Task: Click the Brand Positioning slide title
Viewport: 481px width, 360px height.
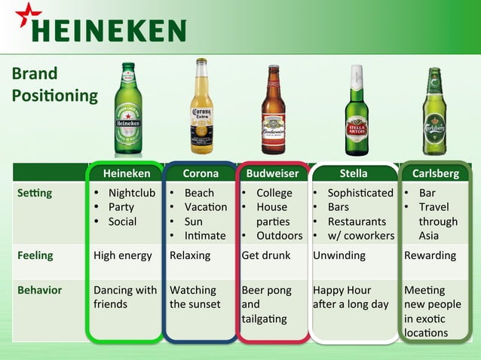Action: [54, 85]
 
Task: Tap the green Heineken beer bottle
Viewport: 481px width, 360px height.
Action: [128, 108]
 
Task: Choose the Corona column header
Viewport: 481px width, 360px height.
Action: [201, 173]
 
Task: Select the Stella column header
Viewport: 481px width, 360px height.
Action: [354, 173]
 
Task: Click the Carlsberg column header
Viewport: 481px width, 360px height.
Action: [436, 173]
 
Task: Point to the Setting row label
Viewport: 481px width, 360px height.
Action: [35, 193]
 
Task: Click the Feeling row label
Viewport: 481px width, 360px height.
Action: [35, 255]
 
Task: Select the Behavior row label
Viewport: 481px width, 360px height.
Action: [40, 290]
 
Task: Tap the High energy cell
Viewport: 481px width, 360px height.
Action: [123, 255]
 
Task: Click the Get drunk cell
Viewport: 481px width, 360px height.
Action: [266, 255]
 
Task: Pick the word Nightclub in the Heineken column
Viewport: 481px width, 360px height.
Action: [132, 193]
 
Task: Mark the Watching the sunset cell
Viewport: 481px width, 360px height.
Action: [195, 297]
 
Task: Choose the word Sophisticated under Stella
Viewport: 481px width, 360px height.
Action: [360, 193]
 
